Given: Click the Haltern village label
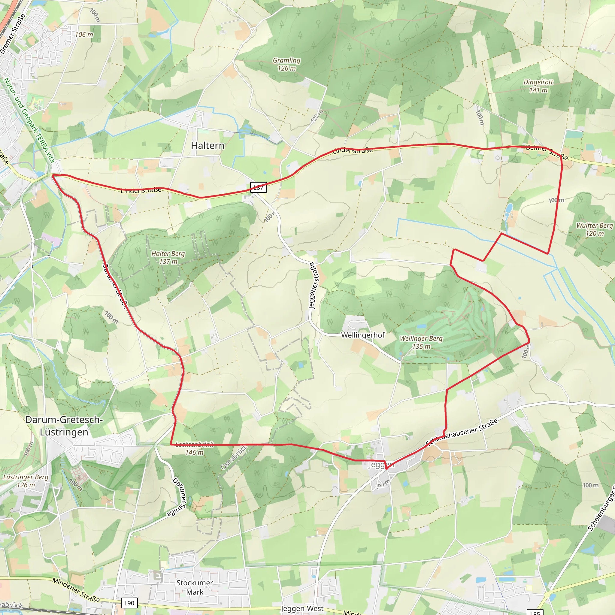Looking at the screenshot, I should point(208,145).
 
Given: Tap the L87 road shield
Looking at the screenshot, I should point(258,187).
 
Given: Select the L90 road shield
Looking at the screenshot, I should point(129,603).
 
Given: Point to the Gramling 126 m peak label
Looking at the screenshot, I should point(286,64).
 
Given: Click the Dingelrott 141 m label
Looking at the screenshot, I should point(538,86).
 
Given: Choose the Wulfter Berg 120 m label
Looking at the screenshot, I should point(594,229).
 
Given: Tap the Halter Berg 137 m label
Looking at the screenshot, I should point(168,257).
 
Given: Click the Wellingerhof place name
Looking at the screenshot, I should point(363,335).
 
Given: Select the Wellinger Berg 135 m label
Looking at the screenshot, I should point(421,342).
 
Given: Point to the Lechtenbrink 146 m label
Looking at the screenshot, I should point(195,448).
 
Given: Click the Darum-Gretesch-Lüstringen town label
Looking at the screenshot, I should point(64,426).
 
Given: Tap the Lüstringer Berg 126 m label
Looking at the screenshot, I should point(26,481).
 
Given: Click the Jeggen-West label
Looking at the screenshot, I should point(302,609).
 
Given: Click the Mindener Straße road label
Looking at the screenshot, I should point(76,590).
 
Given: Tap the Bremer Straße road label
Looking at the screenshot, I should point(12,34).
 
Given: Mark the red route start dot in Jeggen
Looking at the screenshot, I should point(387,468).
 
